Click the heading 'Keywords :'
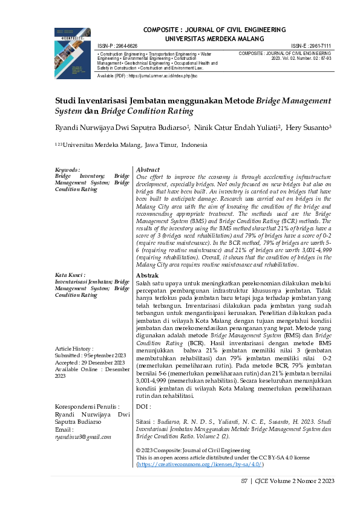68,170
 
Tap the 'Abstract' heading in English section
148,170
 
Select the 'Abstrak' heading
148,275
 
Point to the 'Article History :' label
74,349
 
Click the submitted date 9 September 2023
97,356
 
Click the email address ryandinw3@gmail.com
83,436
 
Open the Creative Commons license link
200,465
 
